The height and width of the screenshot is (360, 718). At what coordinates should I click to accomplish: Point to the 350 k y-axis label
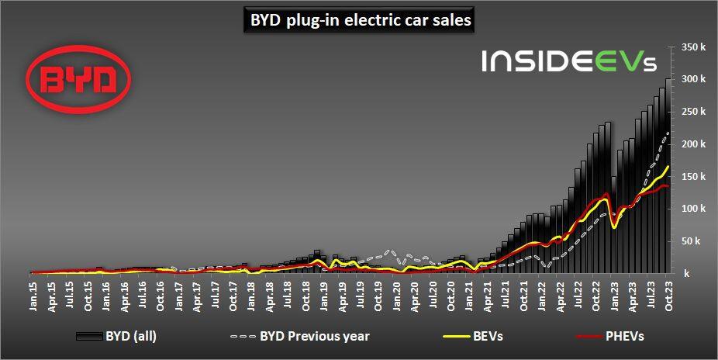pyautogui.click(x=693, y=47)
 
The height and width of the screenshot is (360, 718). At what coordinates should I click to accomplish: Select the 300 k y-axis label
pyautogui.click(x=693, y=80)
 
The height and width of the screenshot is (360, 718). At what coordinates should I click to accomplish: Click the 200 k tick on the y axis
pyautogui.click(x=693, y=144)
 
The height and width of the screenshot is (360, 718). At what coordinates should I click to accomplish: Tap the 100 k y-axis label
pyautogui.click(x=693, y=209)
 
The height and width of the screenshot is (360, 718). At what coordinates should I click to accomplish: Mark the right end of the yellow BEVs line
pyautogui.click(x=670, y=166)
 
